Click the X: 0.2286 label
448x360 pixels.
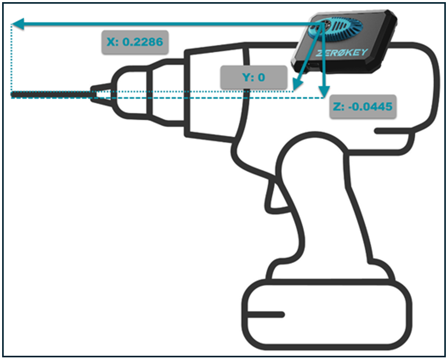(135, 42)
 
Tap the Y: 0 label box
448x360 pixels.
(253, 77)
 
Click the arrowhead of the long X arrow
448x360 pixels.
(17, 23)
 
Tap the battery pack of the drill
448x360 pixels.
(328, 312)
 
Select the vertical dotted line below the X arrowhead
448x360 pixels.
(12, 58)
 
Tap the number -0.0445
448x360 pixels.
(371, 107)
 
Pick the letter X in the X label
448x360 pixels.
(111, 42)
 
